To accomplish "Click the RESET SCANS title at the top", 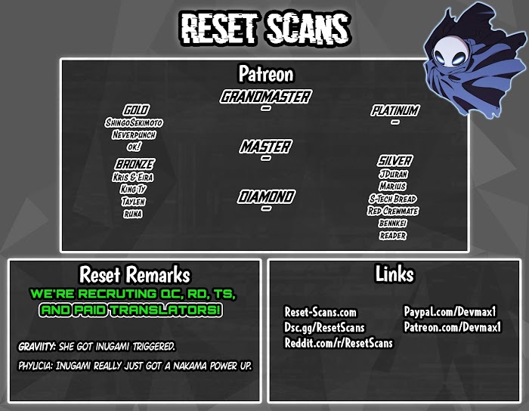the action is point(264,29).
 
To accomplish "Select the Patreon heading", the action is point(265,74).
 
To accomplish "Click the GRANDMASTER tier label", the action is point(265,97).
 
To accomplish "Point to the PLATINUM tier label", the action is point(394,111).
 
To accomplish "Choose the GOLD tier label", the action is point(135,110).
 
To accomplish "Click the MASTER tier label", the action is point(265,147).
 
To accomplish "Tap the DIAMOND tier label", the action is point(265,197).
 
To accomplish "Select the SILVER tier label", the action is point(394,161).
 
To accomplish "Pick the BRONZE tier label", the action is point(135,164).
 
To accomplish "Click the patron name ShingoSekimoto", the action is point(135,123).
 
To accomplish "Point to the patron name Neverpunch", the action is point(135,134).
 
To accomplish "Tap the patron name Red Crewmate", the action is point(393,211).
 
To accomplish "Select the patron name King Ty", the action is point(133,189).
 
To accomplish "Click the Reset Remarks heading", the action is point(135,274).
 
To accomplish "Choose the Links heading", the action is point(394,273).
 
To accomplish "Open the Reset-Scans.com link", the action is point(320,313).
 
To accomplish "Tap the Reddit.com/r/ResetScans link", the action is point(339,343).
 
